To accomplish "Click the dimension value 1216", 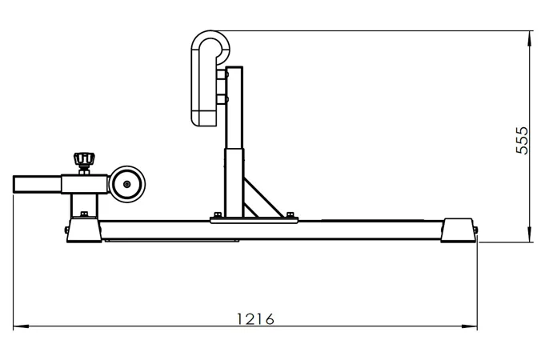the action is click(255, 318).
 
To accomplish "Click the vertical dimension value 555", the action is click(522, 140).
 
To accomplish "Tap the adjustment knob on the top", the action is click(84, 159).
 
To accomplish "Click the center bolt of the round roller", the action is click(127, 184).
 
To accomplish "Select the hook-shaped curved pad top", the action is click(210, 38).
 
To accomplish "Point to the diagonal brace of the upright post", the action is click(263, 198).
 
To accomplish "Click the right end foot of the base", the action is click(458, 230).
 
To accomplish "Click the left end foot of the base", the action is click(85, 230).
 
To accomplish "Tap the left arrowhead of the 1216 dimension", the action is click(21, 326).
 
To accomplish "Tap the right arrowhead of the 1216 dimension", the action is click(470, 326).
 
